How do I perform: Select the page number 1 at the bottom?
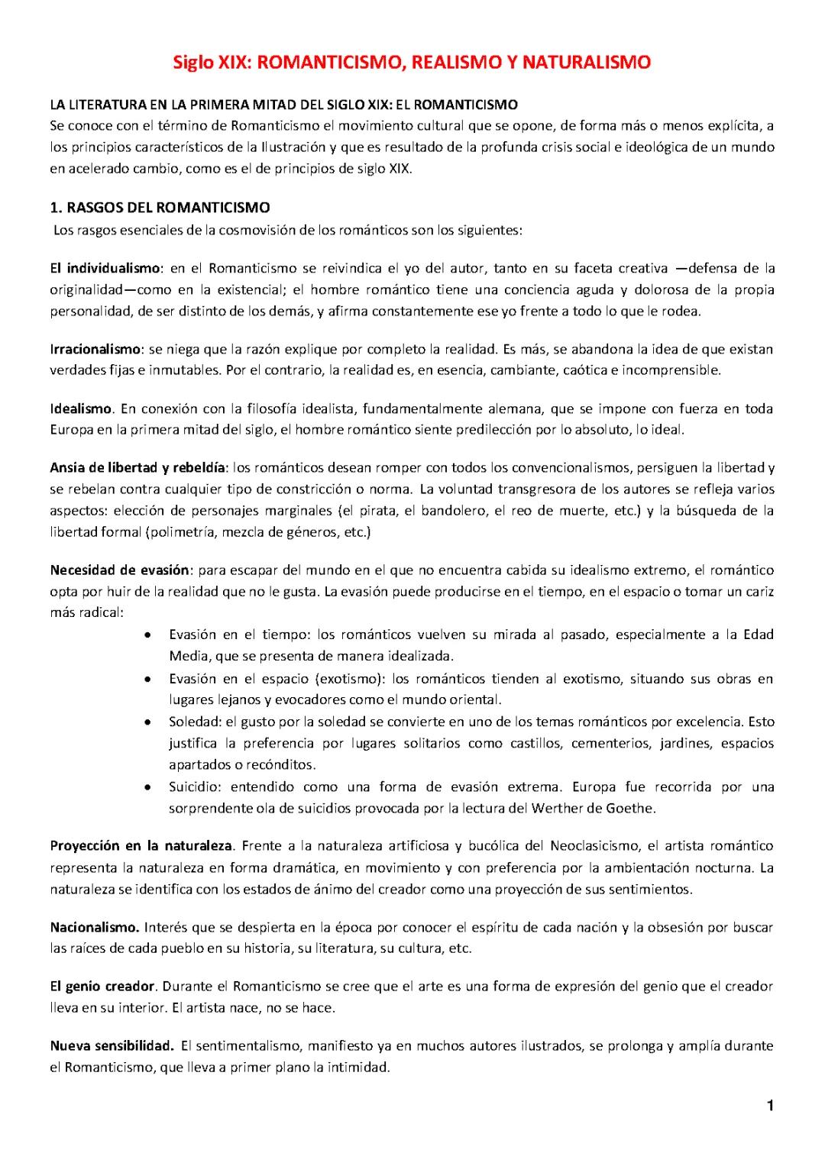click(770, 1106)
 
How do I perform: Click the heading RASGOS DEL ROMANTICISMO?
click(168, 207)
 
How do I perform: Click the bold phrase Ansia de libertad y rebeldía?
click(137, 467)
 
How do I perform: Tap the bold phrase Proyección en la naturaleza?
click(141, 845)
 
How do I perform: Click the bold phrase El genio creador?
click(102, 987)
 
